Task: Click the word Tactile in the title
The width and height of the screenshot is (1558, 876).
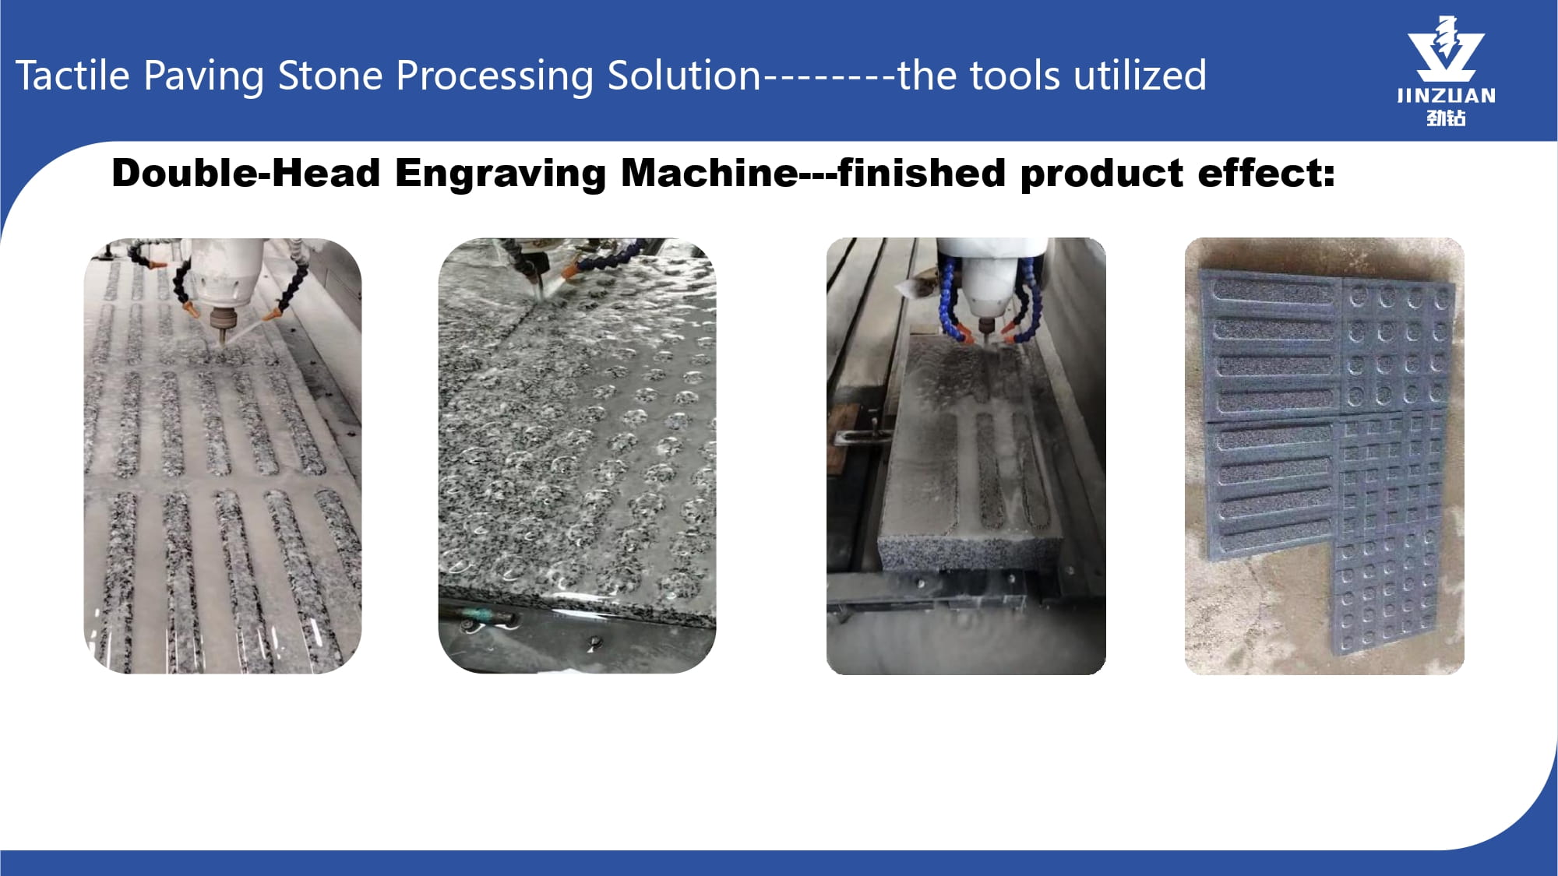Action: pyautogui.click(x=72, y=76)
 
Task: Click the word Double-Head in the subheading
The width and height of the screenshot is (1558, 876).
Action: pyautogui.click(x=246, y=173)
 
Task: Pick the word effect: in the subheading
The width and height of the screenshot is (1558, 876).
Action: pyautogui.click(x=1266, y=173)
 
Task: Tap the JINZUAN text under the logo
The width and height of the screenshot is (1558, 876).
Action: pyautogui.click(x=1446, y=96)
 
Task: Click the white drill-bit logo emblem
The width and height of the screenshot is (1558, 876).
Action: pyautogui.click(x=1446, y=49)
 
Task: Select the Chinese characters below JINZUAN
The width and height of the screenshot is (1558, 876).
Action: pyautogui.click(x=1446, y=118)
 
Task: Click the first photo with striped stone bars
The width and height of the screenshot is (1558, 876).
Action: pyautogui.click(x=223, y=456)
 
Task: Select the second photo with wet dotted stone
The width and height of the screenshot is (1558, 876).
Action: pyautogui.click(x=577, y=456)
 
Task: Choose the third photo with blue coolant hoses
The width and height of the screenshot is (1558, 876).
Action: pyautogui.click(x=966, y=456)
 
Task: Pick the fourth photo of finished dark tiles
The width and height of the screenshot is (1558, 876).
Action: pyautogui.click(x=1324, y=456)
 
